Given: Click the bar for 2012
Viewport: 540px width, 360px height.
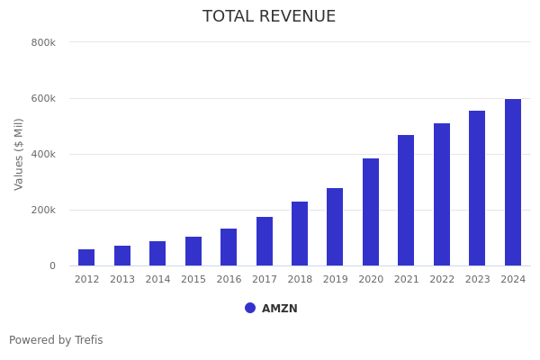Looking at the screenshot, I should (86, 257).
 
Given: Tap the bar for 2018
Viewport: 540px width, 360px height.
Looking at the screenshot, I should (300, 234).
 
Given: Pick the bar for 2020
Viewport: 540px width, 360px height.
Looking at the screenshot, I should (371, 212).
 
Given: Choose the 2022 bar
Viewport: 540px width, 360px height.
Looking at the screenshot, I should (442, 194).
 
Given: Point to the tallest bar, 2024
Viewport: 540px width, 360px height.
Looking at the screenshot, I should (513, 183).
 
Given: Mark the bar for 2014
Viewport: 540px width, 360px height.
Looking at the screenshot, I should (157, 254).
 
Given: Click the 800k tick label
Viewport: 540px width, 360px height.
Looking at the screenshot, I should (43, 42).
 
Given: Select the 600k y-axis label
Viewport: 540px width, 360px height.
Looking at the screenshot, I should (43, 98).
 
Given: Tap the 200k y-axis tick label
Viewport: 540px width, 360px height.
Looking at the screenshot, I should (43, 210).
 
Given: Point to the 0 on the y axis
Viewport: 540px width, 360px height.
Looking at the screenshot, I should (52, 265).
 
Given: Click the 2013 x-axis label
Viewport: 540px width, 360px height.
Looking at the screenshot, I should (122, 280).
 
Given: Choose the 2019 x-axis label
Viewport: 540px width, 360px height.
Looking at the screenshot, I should (335, 280).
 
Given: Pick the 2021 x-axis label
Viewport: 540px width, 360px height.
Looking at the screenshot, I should (406, 280).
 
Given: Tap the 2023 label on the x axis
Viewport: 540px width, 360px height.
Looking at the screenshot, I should (477, 280).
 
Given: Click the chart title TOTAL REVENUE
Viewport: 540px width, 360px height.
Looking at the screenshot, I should (269, 17).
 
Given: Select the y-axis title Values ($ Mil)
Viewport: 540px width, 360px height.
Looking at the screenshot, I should (19, 154).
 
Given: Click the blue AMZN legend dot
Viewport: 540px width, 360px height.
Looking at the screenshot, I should (250, 308).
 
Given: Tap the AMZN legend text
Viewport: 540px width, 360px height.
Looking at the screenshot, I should (280, 309).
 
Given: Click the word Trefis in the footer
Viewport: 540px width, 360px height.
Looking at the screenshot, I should (88, 340).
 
